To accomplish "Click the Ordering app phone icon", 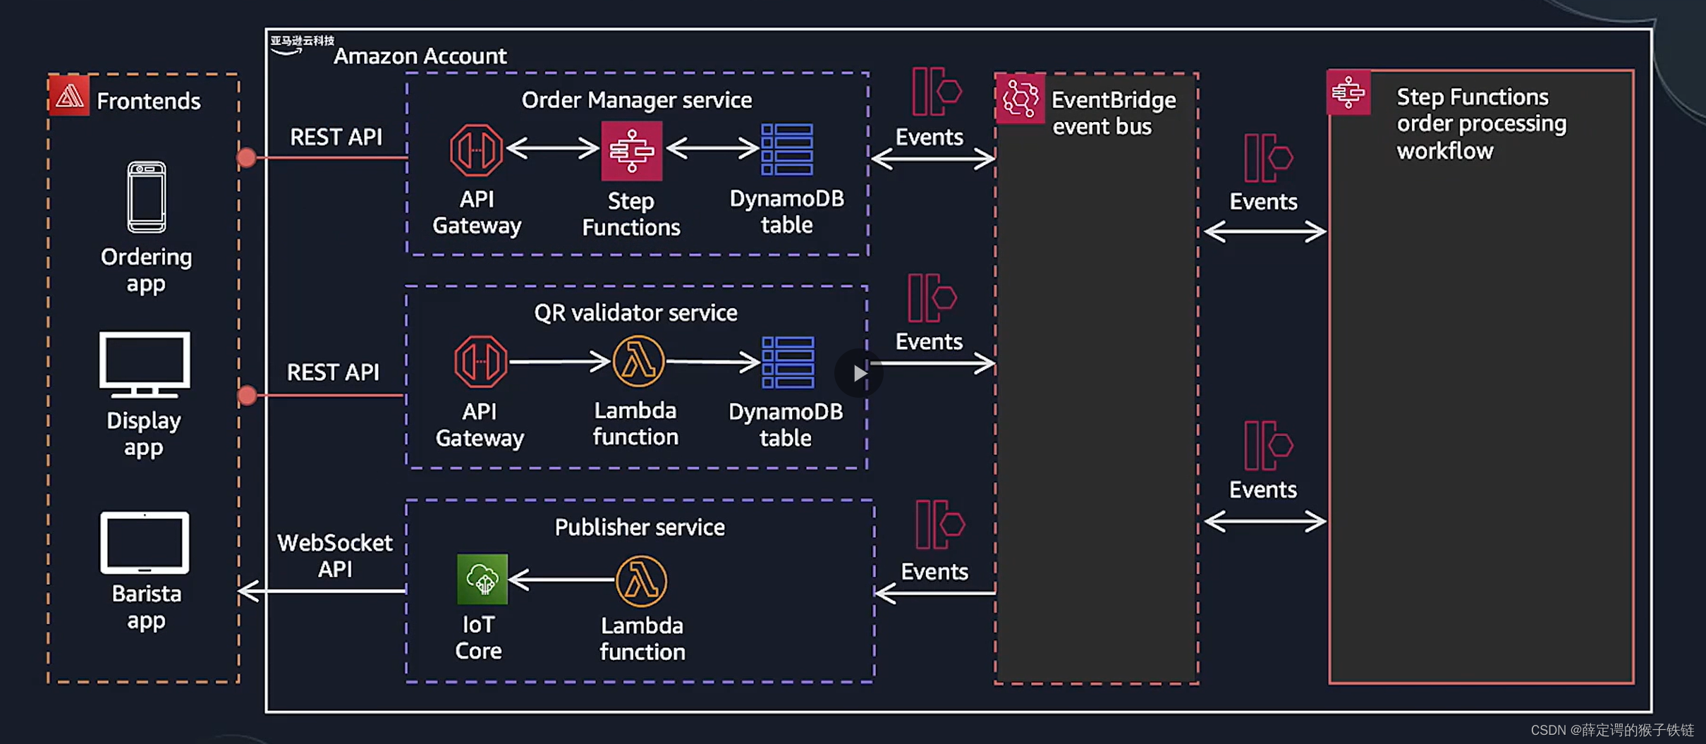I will coord(146,197).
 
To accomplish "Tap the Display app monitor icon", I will coord(145,365).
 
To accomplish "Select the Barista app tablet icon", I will coord(145,542).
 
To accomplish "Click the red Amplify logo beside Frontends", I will coord(69,96).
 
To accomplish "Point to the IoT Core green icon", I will coord(482,579).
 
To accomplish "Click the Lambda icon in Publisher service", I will coord(641,581).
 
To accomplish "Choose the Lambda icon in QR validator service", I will coord(638,362).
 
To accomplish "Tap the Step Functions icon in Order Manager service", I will coord(631,150).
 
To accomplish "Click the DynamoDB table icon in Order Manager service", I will coord(787,150).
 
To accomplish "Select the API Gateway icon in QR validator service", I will coord(480,362).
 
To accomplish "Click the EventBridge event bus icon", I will coord(1020,98).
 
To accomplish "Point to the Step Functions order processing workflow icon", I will coord(1348,92).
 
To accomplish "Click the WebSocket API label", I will coord(334,555).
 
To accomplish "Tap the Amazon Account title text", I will coord(420,56).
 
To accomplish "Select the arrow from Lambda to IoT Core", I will coord(561,580).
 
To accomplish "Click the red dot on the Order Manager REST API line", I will coord(246,157).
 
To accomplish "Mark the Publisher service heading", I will coord(639,527).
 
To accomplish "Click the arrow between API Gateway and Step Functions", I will coord(553,148).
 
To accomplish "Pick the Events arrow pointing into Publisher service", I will coord(934,592).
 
